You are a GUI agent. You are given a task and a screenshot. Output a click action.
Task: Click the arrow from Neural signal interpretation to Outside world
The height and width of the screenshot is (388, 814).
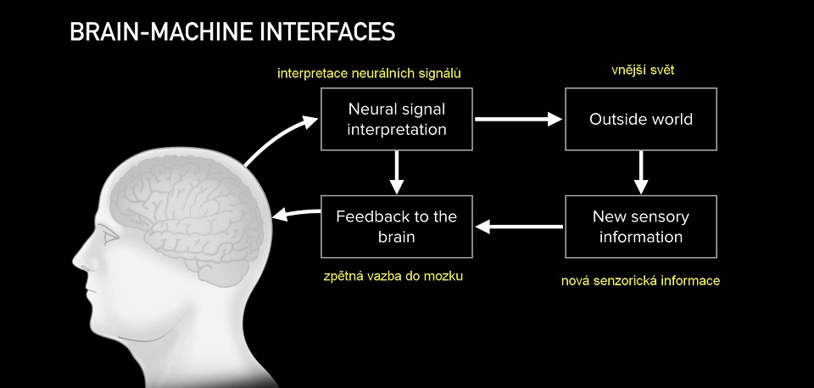point(519,119)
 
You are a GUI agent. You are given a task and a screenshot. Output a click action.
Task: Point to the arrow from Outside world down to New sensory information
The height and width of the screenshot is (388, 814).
point(641,172)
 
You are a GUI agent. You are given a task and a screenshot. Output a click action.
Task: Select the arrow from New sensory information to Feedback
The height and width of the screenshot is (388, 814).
point(519,227)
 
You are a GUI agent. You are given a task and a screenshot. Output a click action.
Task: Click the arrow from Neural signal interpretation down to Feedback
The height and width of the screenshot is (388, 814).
point(397,172)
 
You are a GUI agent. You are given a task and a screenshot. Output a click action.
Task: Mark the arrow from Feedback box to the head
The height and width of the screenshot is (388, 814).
point(296,213)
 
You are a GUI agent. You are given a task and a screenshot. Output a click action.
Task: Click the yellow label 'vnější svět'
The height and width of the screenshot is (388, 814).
point(643,70)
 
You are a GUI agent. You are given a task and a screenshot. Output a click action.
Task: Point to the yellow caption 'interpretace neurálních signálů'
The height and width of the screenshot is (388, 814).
point(369,73)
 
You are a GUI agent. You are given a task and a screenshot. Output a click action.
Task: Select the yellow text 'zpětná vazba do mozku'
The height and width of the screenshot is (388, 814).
point(393,276)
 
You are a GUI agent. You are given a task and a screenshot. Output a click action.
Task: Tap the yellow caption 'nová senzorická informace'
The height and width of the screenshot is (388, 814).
point(641,281)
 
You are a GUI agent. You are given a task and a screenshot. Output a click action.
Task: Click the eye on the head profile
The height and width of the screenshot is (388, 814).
point(110,238)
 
